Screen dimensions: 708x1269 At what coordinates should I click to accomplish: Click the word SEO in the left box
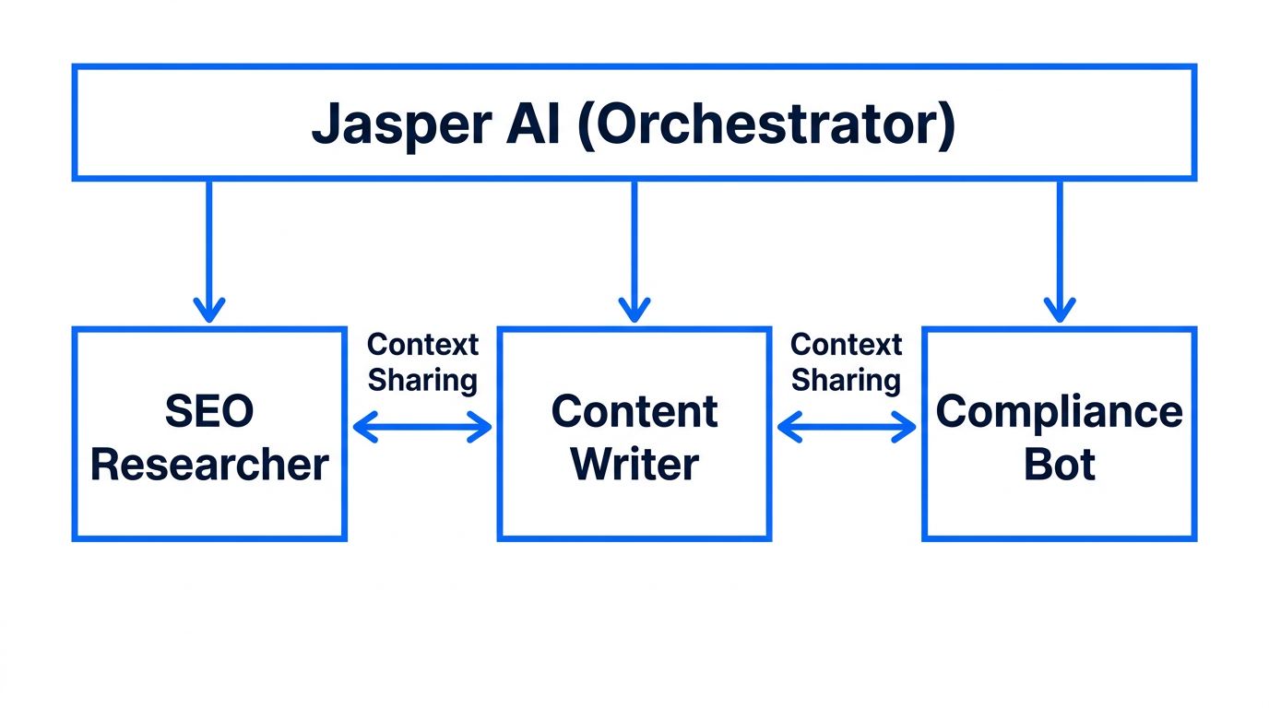(x=209, y=412)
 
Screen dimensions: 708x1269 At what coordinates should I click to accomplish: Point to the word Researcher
(x=209, y=465)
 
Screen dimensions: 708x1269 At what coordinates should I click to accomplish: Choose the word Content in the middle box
(x=634, y=411)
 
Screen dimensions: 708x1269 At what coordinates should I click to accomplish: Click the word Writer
(x=634, y=465)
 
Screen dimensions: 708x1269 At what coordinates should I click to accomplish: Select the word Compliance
(x=1059, y=411)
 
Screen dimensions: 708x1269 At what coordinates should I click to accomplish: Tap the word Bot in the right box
(x=1059, y=465)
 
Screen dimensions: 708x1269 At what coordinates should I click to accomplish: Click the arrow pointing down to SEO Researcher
(x=209, y=249)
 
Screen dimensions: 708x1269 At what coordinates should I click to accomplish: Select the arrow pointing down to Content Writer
(x=634, y=249)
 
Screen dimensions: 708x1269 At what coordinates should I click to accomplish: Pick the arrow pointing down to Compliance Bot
(x=1059, y=249)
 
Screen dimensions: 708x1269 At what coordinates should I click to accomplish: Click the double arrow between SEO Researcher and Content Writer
(x=422, y=427)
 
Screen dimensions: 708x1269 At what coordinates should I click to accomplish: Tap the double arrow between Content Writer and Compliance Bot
(x=847, y=427)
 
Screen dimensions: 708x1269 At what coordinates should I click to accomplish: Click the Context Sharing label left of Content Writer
(x=422, y=362)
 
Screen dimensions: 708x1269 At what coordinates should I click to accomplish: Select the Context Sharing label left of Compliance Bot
(x=847, y=362)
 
